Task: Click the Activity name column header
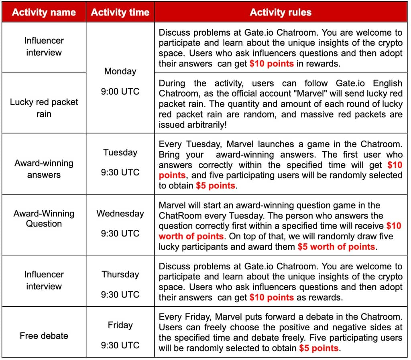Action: point(44,12)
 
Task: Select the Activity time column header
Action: point(120,12)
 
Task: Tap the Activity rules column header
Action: point(281,12)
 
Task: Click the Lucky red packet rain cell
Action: point(44,107)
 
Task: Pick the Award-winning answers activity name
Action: point(44,169)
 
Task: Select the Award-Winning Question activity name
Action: point(44,218)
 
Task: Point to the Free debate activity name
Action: point(44,336)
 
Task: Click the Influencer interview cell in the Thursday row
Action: point(44,280)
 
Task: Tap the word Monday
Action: point(120,71)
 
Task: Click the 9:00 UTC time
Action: point(120,91)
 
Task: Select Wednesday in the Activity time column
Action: point(120,213)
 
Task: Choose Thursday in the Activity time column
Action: point(120,275)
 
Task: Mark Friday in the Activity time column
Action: point(120,325)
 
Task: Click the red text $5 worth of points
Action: point(336,247)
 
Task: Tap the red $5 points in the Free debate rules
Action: point(319,348)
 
